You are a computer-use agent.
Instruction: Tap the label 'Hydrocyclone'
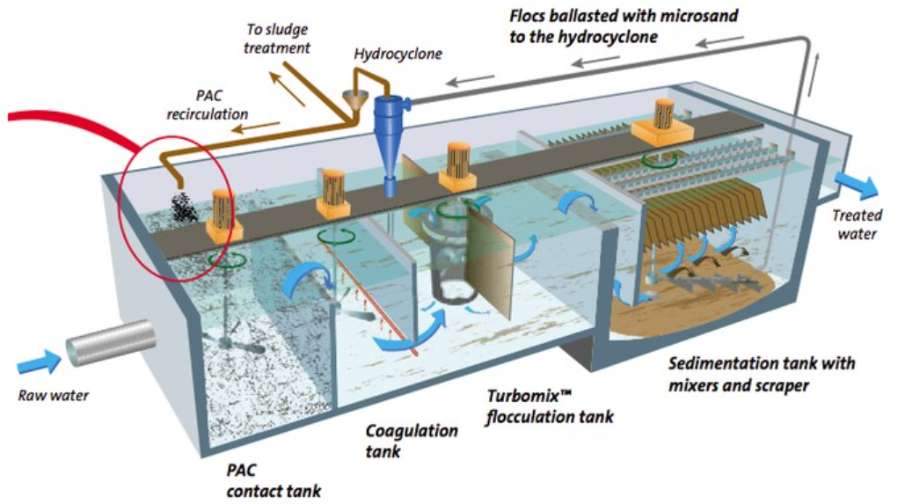[398, 55]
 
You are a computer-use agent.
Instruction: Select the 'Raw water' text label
[54, 395]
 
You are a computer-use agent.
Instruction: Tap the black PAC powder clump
[185, 208]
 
